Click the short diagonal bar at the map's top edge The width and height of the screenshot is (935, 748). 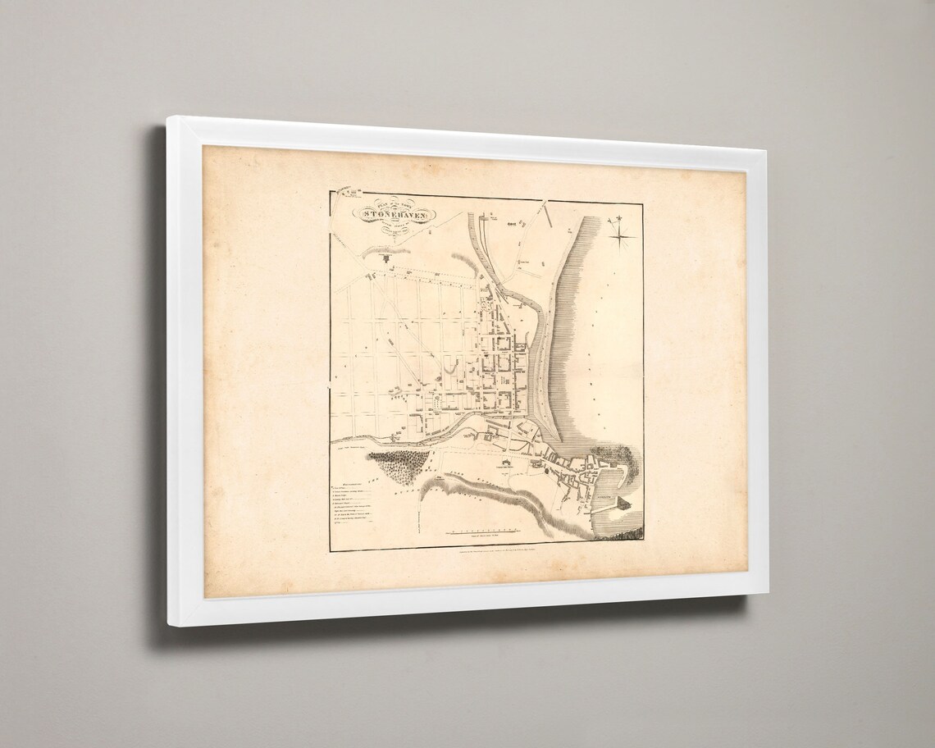click(x=543, y=212)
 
